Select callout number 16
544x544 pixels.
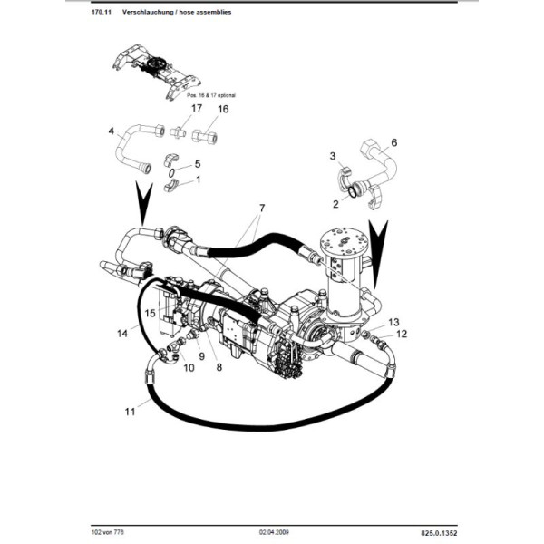223,110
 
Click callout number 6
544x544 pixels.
394,143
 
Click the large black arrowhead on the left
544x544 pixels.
140,205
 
